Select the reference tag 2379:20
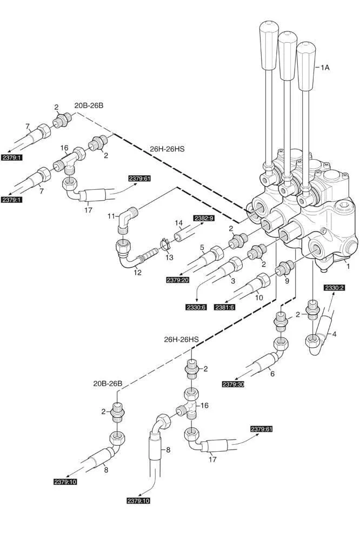178,280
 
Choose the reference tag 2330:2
334,288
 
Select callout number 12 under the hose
137,273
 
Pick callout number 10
258,297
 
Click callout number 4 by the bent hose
334,334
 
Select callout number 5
202,248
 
